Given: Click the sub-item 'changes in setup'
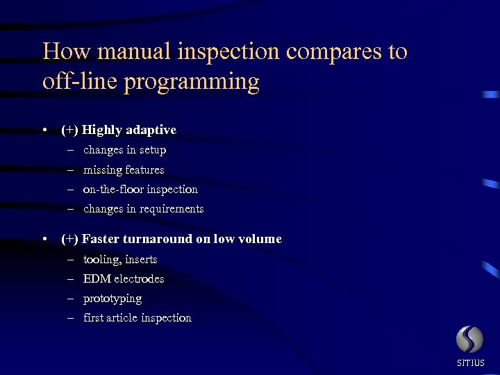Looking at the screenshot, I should pyautogui.click(x=124, y=150).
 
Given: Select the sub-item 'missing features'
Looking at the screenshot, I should pyautogui.click(x=124, y=169).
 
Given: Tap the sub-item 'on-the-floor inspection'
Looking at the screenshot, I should pyautogui.click(x=140, y=189).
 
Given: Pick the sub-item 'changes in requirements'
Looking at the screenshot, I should pyautogui.click(x=143, y=208).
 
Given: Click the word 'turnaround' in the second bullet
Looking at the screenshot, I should pyautogui.click(x=156, y=239).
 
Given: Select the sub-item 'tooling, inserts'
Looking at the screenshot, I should pyautogui.click(x=120, y=259).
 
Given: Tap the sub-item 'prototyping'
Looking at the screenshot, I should pyautogui.click(x=112, y=299).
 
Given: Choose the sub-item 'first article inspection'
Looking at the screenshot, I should pyautogui.click(x=137, y=317).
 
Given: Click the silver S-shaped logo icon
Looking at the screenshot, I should pyautogui.click(x=469, y=340).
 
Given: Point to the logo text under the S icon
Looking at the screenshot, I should pyautogui.click(x=470, y=363).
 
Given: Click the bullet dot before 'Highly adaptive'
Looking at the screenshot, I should pyautogui.click(x=44, y=131).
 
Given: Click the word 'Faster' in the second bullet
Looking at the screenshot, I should pyautogui.click(x=101, y=239).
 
